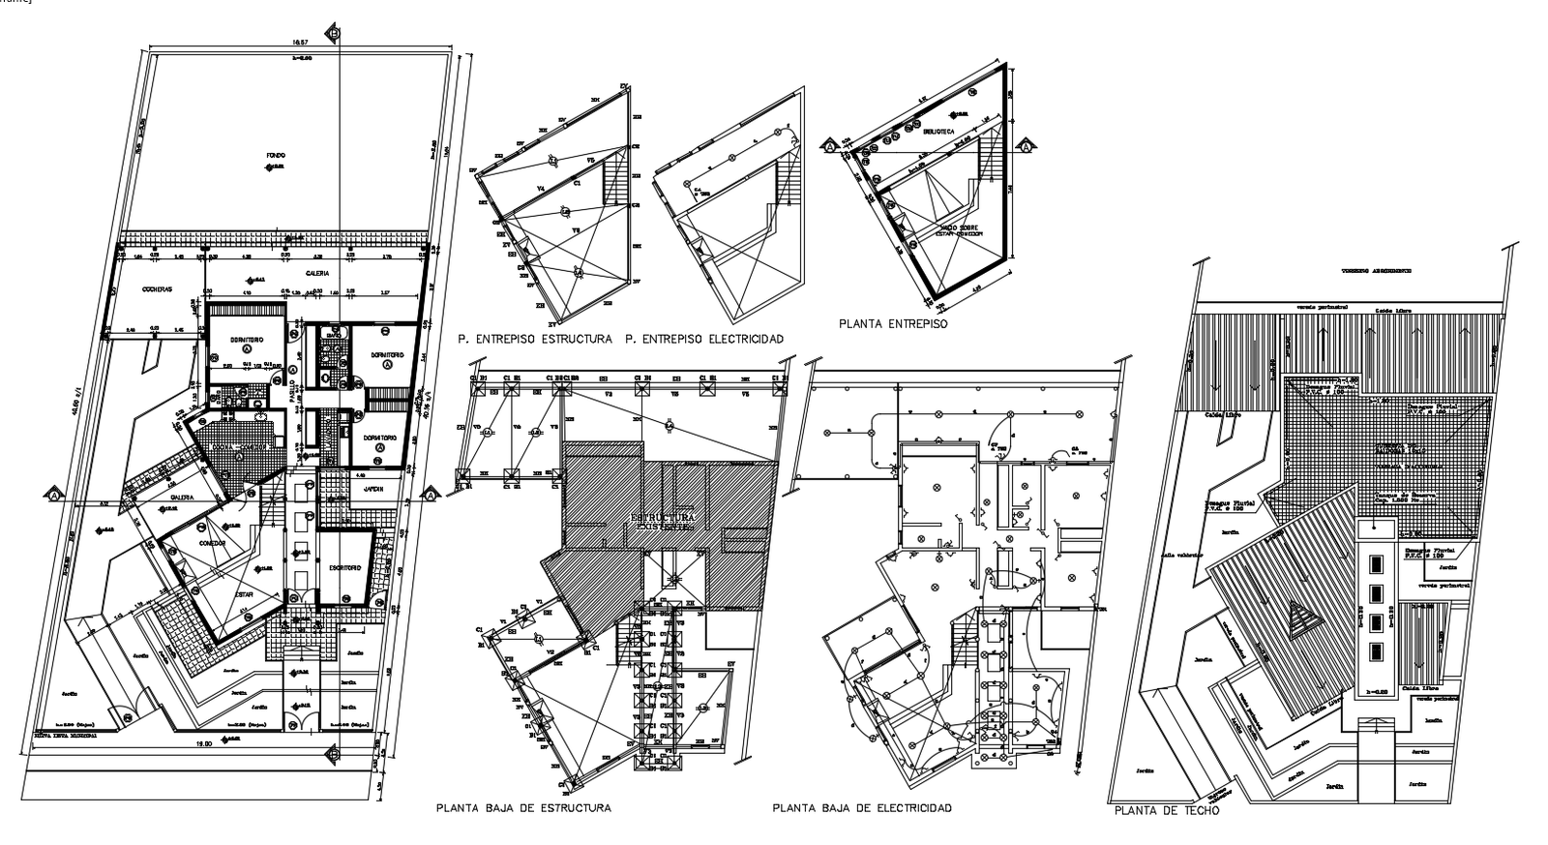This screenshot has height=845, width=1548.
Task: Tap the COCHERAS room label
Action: coord(157,289)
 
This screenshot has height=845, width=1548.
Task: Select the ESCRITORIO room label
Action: coord(344,568)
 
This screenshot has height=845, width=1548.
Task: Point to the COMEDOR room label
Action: coord(212,544)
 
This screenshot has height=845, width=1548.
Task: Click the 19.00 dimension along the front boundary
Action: coord(202,742)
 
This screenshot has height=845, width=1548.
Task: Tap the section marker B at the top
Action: coord(334,33)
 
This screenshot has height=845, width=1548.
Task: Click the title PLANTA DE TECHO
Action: coord(1167,811)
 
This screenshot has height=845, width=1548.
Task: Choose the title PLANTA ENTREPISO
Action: coord(893,324)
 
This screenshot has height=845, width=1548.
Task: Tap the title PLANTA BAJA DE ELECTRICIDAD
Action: coord(862,807)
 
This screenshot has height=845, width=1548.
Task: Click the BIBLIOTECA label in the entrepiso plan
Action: coord(938,131)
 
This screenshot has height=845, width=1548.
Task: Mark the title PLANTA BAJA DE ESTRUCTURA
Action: coord(523,807)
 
